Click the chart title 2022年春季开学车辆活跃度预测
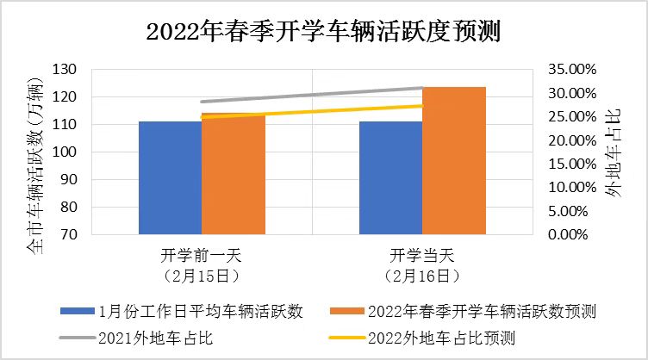pyautogui.click(x=324, y=32)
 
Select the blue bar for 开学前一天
pyautogui.click(x=170, y=177)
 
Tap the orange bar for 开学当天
pyautogui.click(x=454, y=160)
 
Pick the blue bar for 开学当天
pyautogui.click(x=390, y=177)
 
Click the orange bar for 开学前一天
pyautogui.click(x=234, y=177)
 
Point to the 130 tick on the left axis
pyautogui.click(x=65, y=70)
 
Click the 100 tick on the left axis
pyautogui.click(x=65, y=152)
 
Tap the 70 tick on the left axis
pyautogui.click(x=68, y=234)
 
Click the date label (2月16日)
pyautogui.click(x=422, y=276)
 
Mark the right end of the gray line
pyautogui.click(x=422, y=88)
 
